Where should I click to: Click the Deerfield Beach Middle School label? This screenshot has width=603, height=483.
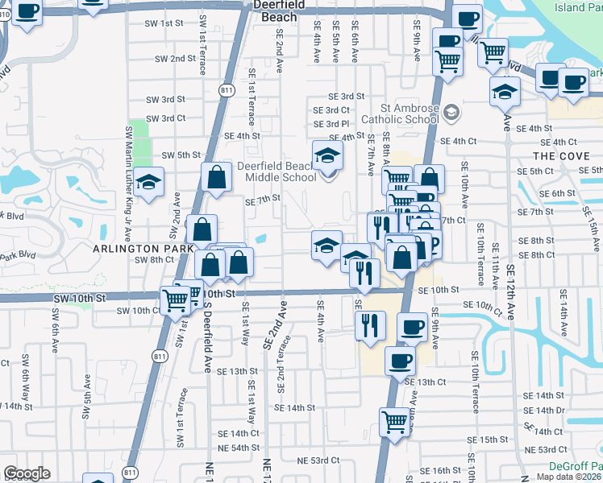click(277, 172)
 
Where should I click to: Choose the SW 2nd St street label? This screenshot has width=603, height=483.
click(177, 59)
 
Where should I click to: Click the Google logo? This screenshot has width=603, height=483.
click(27, 473)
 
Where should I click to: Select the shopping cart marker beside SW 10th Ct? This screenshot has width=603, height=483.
click(175, 301)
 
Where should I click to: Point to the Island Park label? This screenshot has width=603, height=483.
click(578, 7)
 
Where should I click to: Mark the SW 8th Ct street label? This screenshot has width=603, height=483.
click(154, 260)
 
